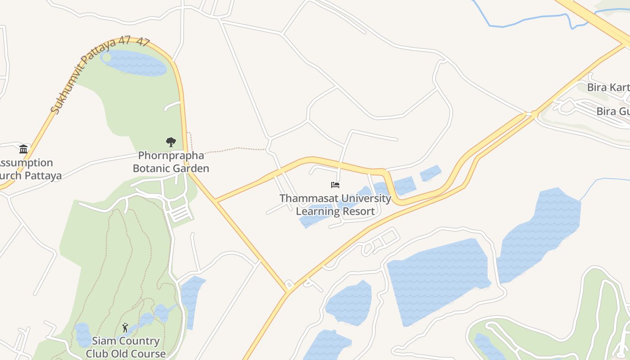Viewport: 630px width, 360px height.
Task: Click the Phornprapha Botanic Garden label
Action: pos(171,162)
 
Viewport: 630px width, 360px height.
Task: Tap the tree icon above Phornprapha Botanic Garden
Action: pos(171,142)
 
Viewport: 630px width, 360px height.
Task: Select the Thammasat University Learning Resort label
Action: pos(335,205)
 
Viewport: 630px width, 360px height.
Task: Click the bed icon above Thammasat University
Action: pos(335,184)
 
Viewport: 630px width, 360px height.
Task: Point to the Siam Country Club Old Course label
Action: pos(126,347)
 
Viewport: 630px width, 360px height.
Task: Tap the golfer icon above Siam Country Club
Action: pos(125,327)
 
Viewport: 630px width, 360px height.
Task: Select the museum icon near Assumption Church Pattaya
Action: pos(23,149)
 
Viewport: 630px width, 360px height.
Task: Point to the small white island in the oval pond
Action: pos(106,57)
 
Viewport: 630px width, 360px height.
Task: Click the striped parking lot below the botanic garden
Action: pos(181,214)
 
